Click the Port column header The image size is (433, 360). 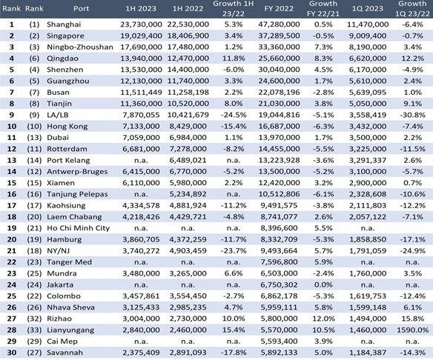click(82, 9)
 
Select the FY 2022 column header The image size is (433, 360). click(279, 9)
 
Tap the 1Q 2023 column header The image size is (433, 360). click(368, 9)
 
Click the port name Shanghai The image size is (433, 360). click(64, 24)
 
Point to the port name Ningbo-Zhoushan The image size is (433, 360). click(80, 47)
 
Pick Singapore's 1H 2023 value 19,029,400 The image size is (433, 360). click(141, 36)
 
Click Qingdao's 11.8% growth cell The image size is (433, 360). click(234, 59)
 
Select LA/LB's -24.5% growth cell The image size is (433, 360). click(234, 115)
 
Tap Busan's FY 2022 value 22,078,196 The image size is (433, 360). click(279, 93)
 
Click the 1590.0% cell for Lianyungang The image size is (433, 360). click(412, 330)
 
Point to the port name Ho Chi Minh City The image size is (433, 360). click(78, 228)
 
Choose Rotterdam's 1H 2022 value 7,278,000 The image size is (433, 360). click(188, 149)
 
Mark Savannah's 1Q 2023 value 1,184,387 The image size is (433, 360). click(368, 353)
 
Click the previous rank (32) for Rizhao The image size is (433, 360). click(34, 319)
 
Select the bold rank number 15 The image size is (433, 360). click(12, 183)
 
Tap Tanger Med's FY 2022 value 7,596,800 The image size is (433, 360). click(279, 262)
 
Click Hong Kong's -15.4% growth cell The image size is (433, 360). click(234, 127)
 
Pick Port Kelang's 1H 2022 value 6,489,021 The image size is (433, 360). click(188, 160)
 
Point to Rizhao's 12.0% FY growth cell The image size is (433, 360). click(323, 319)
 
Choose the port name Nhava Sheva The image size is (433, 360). click(70, 307)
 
